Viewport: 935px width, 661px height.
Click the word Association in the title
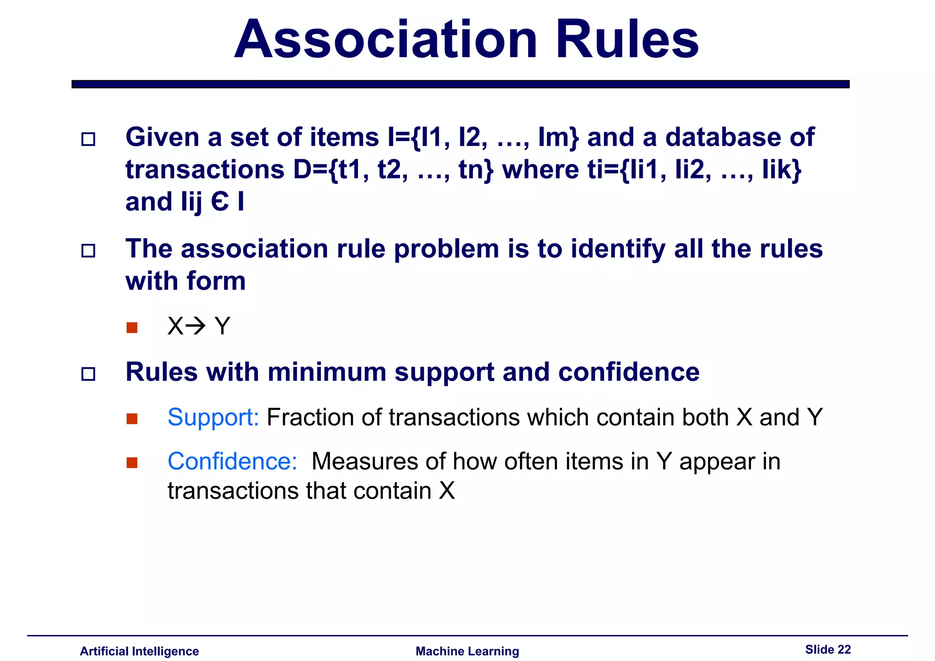coord(386,40)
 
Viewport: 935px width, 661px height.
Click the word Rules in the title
coord(626,40)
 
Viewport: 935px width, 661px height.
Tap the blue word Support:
coord(213,417)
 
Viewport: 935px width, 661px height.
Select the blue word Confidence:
coord(232,461)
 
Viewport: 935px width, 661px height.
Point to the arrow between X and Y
coord(196,326)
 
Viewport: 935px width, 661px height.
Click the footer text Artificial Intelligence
coord(139,651)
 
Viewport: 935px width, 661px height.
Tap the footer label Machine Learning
coord(467,651)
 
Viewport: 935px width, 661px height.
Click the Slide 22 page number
coord(828,650)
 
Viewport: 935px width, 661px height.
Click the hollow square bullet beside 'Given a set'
coord(88,139)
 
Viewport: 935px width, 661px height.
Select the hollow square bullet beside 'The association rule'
coord(88,251)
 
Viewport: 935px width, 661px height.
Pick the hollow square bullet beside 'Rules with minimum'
coord(88,374)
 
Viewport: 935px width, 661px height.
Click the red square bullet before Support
coord(132,419)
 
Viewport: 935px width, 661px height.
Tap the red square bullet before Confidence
coord(132,462)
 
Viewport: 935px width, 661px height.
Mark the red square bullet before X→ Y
coord(132,328)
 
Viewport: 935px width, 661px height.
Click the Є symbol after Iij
coord(220,202)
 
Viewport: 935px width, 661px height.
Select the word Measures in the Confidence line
coord(364,461)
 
